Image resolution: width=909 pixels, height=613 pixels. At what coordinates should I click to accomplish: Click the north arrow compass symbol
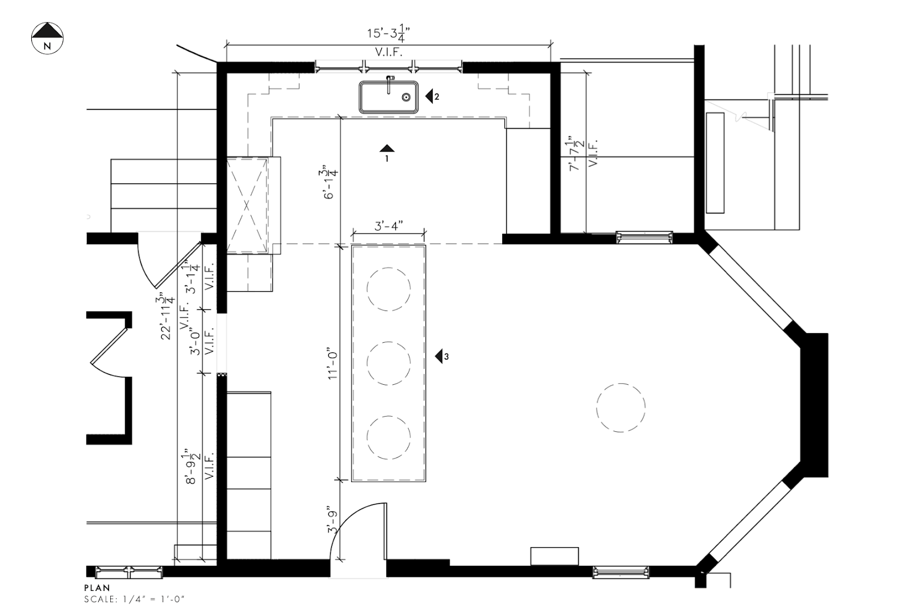pos(47,38)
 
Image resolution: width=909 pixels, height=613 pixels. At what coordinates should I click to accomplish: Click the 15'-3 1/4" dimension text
pos(388,34)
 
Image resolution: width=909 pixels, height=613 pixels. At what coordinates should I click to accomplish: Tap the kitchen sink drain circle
pos(406,97)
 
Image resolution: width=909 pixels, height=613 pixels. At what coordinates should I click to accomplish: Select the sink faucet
pos(390,83)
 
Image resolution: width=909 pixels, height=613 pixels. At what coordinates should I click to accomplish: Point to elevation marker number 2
pos(432,96)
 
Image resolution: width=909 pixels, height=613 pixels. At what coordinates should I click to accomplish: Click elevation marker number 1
pos(387,150)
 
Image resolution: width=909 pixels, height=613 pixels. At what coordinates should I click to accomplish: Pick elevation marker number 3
pos(441,356)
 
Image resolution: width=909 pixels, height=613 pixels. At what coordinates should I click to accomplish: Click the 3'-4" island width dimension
pos(389,226)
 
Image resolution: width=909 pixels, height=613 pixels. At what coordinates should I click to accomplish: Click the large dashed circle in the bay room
pos(620,408)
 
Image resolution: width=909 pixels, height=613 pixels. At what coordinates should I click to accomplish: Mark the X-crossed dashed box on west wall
pos(247,205)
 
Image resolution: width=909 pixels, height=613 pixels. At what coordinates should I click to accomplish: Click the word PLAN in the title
pos(97,588)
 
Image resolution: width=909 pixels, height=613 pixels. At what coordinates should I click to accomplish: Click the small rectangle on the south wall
pos(554,556)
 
